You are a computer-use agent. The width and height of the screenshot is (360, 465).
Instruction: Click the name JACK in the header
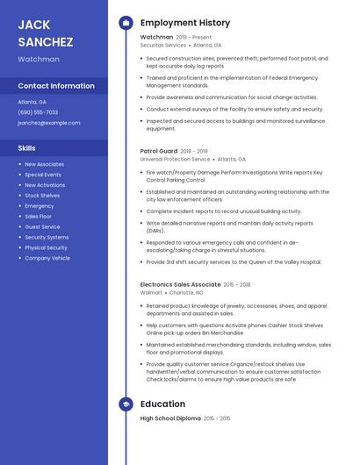33,24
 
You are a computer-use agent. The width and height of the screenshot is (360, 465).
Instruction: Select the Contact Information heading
56,86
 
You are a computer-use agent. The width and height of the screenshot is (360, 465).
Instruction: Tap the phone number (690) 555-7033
38,112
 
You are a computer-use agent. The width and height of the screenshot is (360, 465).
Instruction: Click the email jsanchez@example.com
48,123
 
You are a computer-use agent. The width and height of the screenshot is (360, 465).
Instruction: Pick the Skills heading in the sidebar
26,148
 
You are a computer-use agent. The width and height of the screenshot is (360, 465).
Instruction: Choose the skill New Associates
44,164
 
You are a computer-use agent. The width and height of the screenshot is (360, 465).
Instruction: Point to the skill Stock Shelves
42,196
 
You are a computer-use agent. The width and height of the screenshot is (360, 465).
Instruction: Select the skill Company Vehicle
47,258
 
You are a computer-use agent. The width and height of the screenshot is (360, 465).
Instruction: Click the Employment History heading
185,23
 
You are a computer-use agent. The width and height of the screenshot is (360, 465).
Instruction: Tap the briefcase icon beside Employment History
126,23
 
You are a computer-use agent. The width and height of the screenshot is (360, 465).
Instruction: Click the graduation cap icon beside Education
126,404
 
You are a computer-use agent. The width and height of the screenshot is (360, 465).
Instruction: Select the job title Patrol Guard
159,151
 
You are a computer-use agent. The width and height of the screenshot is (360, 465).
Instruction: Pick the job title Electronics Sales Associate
181,284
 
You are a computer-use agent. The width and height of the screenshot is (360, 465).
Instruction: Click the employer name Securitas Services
163,45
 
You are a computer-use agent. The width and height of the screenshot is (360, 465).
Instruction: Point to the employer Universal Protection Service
176,159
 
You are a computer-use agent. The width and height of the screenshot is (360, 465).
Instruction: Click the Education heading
162,404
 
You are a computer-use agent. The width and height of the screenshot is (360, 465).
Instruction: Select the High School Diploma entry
170,418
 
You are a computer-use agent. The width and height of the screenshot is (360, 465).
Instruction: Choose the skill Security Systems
47,237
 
